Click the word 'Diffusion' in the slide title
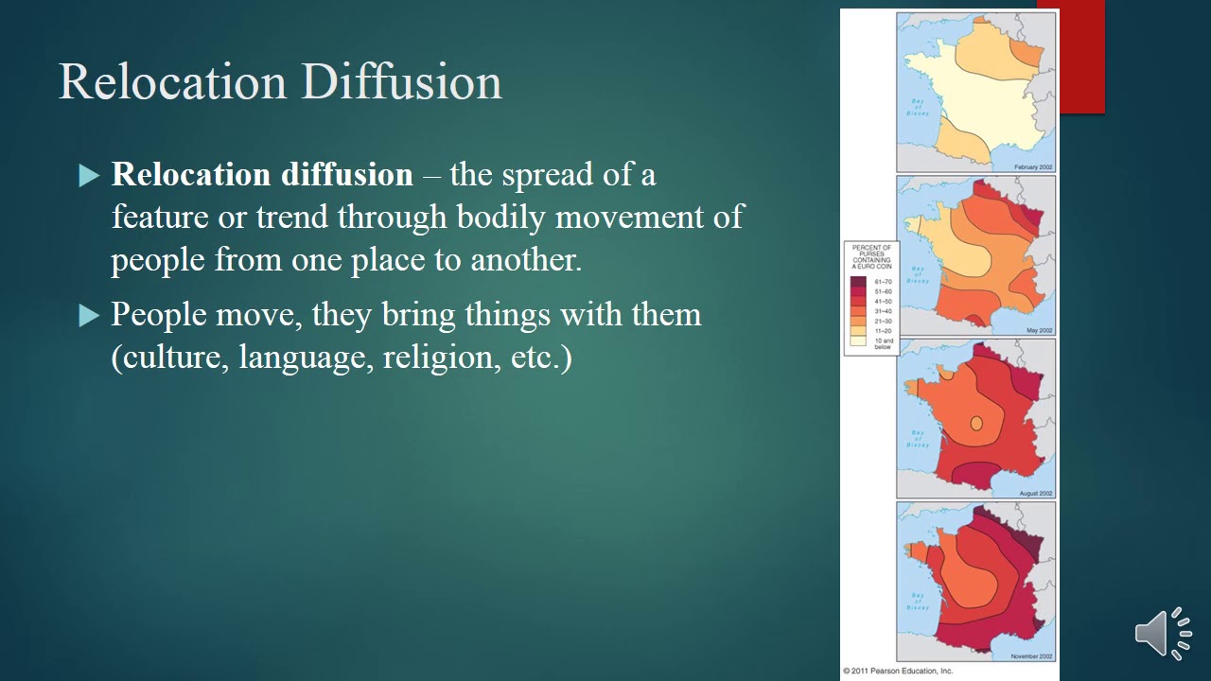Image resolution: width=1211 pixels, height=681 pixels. click(x=402, y=82)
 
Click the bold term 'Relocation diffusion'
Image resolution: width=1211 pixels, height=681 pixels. click(x=262, y=175)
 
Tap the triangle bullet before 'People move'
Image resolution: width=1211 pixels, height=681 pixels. click(x=89, y=315)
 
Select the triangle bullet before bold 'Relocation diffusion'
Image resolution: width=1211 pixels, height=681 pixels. click(x=89, y=176)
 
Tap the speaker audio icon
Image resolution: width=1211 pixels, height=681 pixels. click(x=1163, y=632)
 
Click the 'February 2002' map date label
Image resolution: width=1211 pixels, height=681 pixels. click(x=1033, y=166)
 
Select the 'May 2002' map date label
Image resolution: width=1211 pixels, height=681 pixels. click(x=1040, y=330)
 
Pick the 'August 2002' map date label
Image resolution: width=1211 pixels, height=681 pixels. click(x=1036, y=494)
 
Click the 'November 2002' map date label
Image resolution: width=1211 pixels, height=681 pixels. click(x=1032, y=656)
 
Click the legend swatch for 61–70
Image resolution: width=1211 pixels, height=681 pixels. click(x=858, y=282)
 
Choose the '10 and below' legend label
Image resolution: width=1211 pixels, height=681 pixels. click(x=883, y=343)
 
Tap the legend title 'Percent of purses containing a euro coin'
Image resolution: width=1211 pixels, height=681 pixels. click(x=871, y=257)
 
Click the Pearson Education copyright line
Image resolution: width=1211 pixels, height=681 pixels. click(x=898, y=672)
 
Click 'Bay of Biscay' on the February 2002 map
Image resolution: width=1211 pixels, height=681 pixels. click(x=917, y=107)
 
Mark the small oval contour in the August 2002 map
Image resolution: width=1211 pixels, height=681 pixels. click(x=976, y=423)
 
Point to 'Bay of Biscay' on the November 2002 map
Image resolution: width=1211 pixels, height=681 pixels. click(x=917, y=602)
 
